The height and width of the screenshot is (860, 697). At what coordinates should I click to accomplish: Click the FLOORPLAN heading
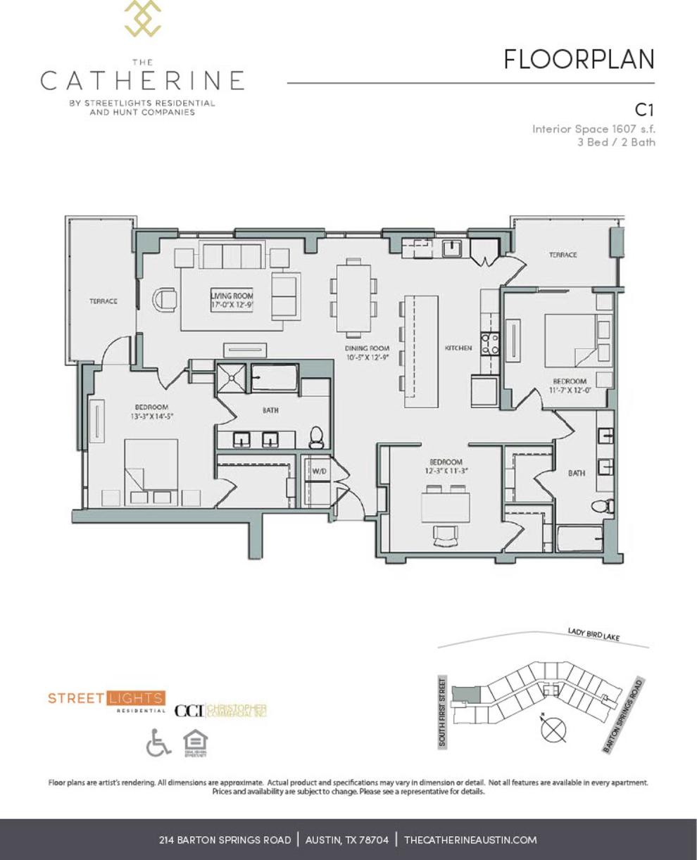coord(579,60)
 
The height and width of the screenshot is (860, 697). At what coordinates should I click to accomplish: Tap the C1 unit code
coord(645,110)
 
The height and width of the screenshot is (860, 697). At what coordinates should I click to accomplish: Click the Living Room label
coord(232,301)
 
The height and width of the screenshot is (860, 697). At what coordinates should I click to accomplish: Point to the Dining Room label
coord(367,353)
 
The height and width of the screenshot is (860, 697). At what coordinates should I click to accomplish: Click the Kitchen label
coord(458,348)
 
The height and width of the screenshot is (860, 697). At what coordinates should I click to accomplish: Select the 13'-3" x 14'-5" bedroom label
coord(151,412)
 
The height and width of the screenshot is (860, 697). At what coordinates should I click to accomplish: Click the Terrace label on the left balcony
coord(103,301)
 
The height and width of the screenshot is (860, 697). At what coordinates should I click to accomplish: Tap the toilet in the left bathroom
coord(316,438)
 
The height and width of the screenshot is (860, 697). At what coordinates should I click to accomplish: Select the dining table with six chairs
coord(353,296)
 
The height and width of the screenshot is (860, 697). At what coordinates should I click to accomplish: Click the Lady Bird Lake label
coord(594,635)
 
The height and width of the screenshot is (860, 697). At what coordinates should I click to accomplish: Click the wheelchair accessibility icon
coord(158,742)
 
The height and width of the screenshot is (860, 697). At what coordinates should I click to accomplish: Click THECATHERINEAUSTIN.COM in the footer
coord(470,840)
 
